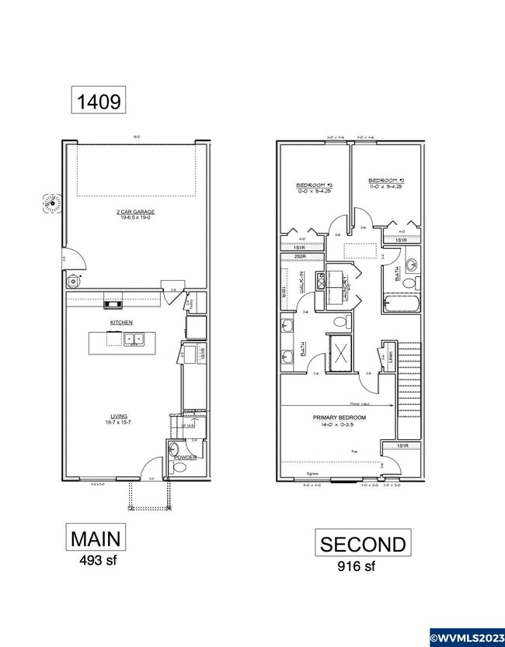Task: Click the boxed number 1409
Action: point(98,100)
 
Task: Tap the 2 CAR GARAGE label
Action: point(136,212)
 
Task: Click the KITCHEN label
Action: point(120,322)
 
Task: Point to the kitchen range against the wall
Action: point(113,304)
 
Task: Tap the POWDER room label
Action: point(185,458)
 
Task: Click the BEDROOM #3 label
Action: point(314,185)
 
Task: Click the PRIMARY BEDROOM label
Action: point(340,417)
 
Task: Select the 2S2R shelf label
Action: point(298,256)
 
